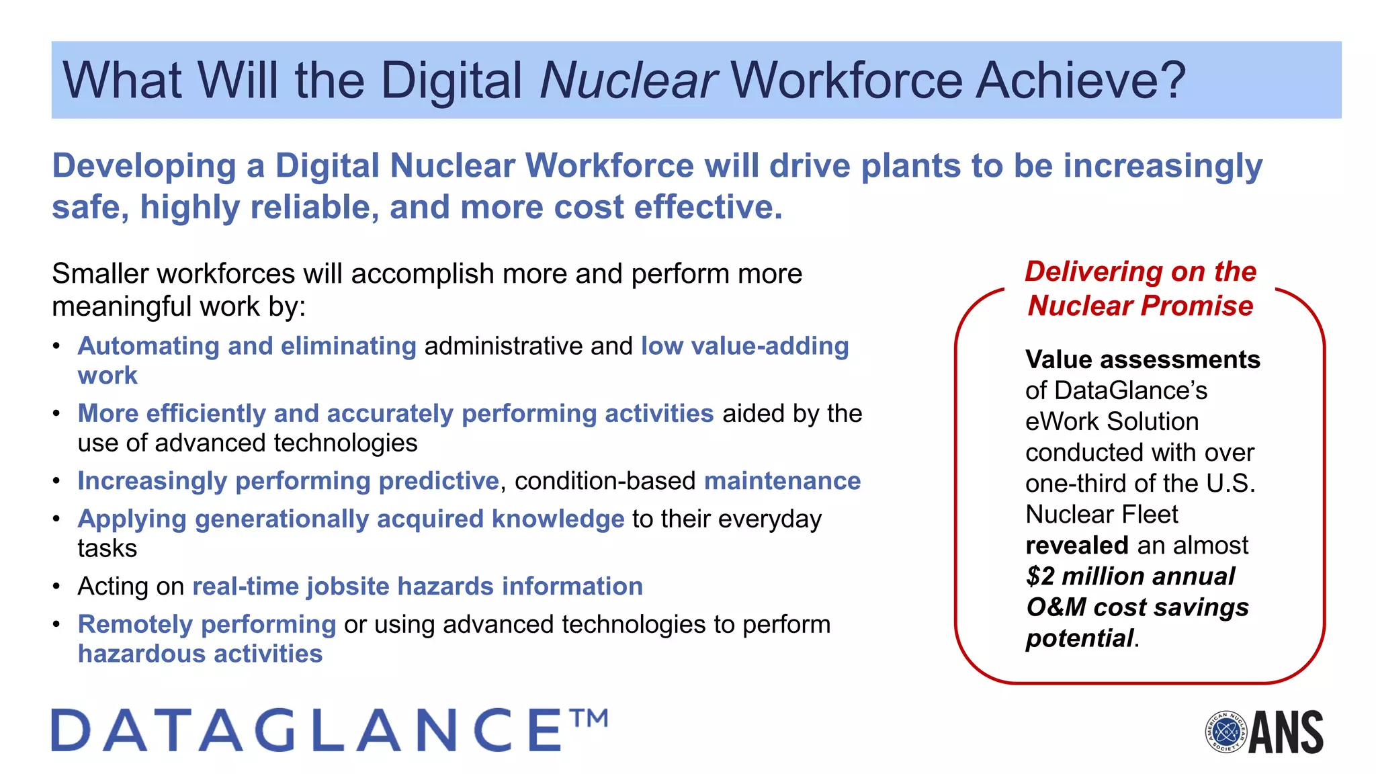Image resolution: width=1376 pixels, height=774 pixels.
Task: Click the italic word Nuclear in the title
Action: point(628,81)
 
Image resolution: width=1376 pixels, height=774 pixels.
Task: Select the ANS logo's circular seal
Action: point(1226,732)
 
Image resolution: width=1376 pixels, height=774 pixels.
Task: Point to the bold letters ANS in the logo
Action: point(1287,732)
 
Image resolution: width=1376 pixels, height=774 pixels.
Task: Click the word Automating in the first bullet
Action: point(148,346)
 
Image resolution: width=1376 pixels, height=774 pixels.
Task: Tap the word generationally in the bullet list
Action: point(282,519)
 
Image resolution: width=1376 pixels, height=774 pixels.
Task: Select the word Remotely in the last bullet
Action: point(135,625)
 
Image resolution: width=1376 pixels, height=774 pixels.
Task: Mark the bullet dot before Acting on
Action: point(57,587)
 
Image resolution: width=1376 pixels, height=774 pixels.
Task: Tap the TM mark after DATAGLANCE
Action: point(589,718)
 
